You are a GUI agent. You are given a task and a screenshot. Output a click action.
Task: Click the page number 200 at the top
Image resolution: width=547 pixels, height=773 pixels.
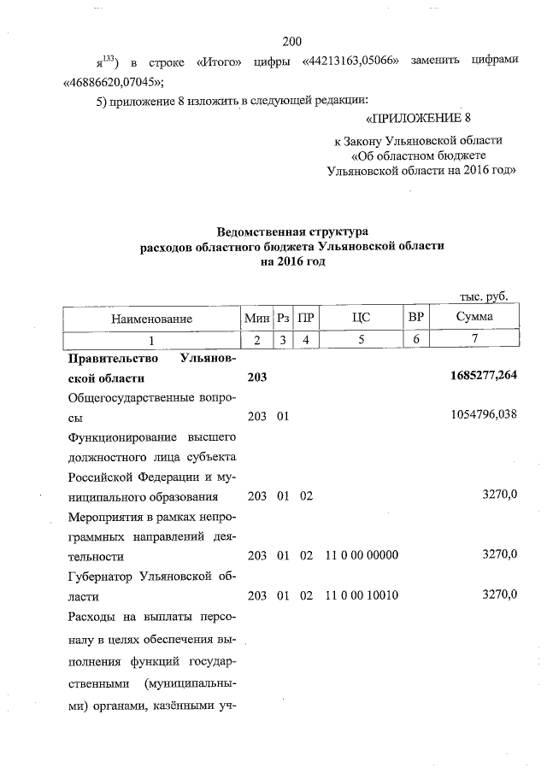292,40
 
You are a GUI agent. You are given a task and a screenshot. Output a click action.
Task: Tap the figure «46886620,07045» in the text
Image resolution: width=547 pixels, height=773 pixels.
113,82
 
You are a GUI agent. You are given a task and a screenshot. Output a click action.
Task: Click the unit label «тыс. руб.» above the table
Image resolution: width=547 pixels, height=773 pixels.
485,296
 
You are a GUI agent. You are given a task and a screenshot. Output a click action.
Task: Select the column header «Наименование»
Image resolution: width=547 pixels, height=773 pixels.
151,319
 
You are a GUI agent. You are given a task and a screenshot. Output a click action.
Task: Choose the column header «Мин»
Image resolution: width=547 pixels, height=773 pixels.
256,319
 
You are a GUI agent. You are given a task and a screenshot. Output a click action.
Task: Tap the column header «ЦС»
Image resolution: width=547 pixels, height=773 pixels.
362,319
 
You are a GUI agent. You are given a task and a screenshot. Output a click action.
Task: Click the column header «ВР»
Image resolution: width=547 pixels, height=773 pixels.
416,319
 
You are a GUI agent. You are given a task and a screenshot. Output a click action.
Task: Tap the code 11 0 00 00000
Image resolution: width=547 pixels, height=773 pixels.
362,555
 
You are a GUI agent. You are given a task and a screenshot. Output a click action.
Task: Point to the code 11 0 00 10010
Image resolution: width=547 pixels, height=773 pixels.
362,594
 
